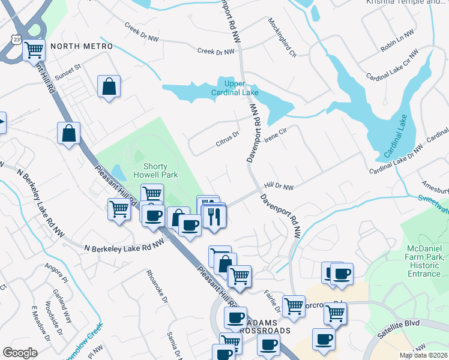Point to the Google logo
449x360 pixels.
click(x=20, y=353)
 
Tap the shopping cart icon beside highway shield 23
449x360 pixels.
click(x=34, y=50)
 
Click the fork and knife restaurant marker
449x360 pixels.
click(x=214, y=216)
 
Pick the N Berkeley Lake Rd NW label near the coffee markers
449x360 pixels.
click(x=124, y=247)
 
